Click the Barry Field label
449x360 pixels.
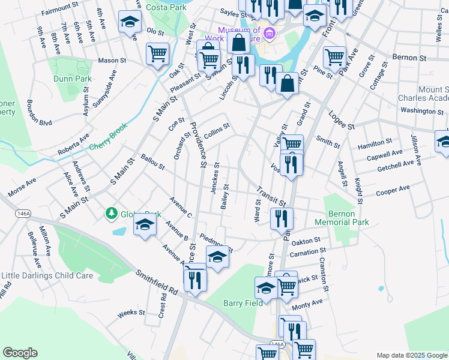click(243, 303)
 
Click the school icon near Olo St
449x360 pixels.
click(129, 23)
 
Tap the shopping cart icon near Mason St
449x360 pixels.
click(158, 54)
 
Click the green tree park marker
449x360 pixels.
click(111, 213)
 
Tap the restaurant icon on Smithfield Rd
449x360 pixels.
click(196, 280)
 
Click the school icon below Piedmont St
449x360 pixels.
click(217, 257)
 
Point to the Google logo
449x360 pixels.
click(20, 353)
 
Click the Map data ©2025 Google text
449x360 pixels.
click(411, 355)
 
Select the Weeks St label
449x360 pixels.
click(131, 313)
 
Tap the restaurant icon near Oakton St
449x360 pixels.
click(282, 219)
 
